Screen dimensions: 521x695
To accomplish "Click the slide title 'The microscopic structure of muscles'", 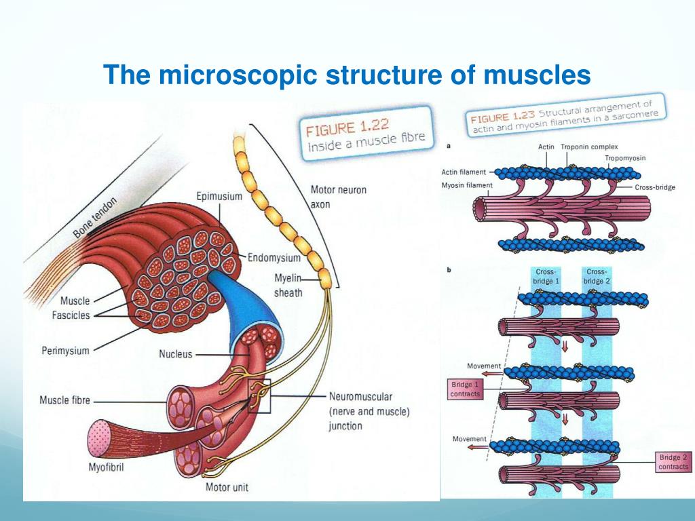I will coord(347,75).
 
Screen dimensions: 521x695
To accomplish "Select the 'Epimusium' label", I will coord(219,197).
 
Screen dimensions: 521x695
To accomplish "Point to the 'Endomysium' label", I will coord(274,258).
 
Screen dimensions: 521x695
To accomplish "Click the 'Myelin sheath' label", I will coord(288,286).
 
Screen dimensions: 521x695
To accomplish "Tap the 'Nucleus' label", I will coord(176,353).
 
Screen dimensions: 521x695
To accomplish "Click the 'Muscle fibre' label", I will coord(64,400).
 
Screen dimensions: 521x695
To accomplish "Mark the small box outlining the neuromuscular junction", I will coord(259,395).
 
